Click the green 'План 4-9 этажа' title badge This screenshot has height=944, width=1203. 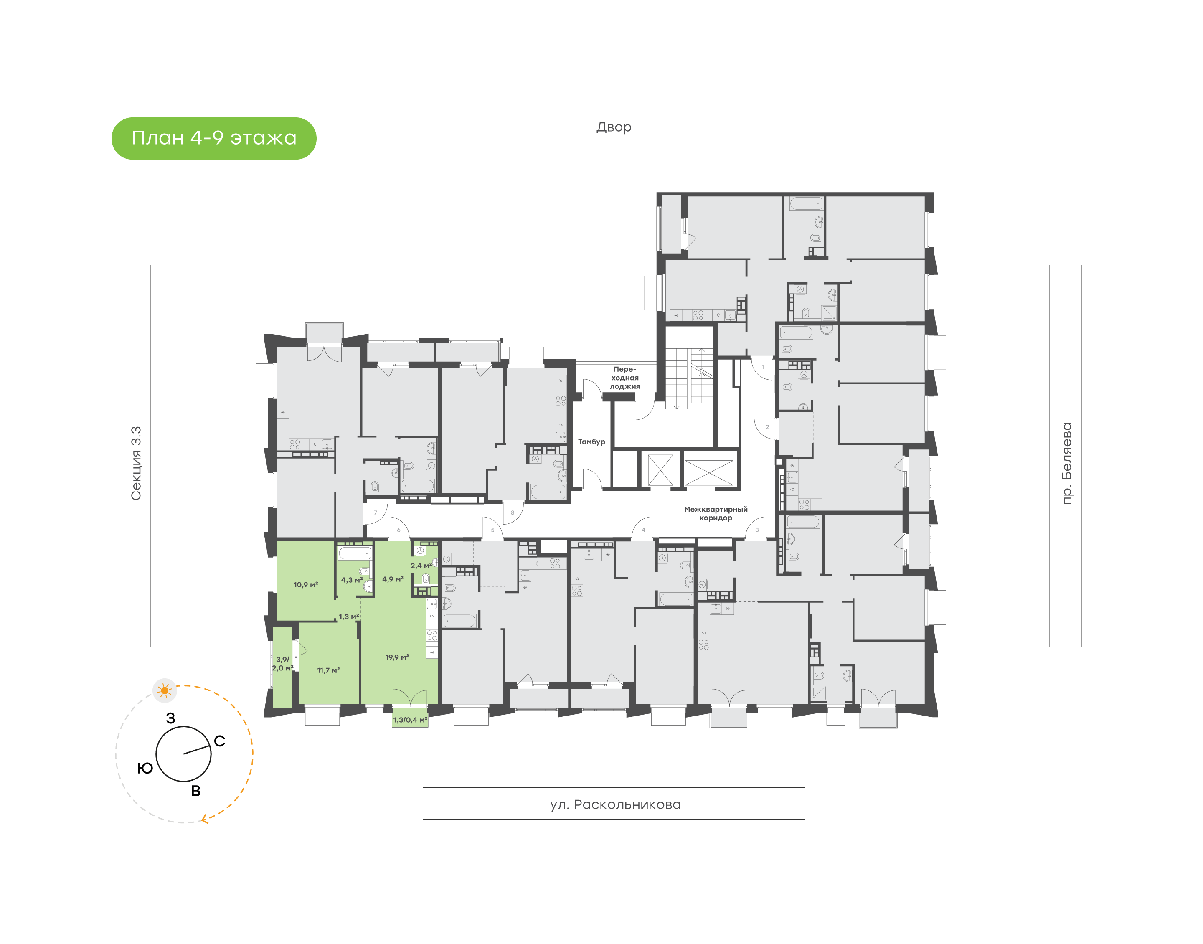[x=214, y=138]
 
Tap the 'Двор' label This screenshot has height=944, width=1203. [x=613, y=127]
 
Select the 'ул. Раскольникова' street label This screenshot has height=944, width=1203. [x=615, y=804]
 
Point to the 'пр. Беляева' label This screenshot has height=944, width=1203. [x=1066, y=463]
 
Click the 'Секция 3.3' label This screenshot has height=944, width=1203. [x=136, y=463]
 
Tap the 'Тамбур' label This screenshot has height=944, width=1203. [x=591, y=442]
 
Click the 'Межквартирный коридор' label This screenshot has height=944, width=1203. [x=716, y=513]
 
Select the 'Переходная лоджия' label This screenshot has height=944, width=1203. [x=624, y=378]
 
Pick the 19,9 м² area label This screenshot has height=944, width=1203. [x=397, y=657]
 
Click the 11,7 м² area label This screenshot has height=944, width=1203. [x=328, y=670]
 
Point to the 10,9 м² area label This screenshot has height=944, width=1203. [x=306, y=585]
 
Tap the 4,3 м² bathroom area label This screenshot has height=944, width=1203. [x=351, y=580]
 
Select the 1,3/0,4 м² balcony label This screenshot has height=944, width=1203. [x=410, y=720]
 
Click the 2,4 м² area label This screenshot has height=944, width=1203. [x=421, y=566]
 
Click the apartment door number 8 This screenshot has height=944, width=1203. [x=512, y=513]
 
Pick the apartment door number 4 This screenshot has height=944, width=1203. [x=643, y=530]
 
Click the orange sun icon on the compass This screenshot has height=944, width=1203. [x=165, y=690]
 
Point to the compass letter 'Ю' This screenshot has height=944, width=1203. [x=145, y=768]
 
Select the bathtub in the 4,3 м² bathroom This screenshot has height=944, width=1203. [x=355, y=553]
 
